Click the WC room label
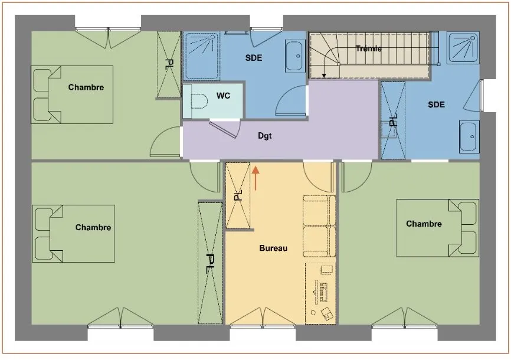223,96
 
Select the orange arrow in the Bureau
255,178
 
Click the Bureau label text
273,248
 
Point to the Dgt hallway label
264,136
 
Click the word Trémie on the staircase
369,48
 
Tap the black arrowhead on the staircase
324,76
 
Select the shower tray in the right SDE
463,48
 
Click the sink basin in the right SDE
469,136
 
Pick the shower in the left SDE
201,55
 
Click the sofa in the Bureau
319,225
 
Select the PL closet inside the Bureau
238,195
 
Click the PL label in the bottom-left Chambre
210,263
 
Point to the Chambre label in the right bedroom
424,224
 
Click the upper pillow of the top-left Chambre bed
42,80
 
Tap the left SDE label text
254,58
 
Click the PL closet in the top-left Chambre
169,64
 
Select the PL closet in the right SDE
394,120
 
